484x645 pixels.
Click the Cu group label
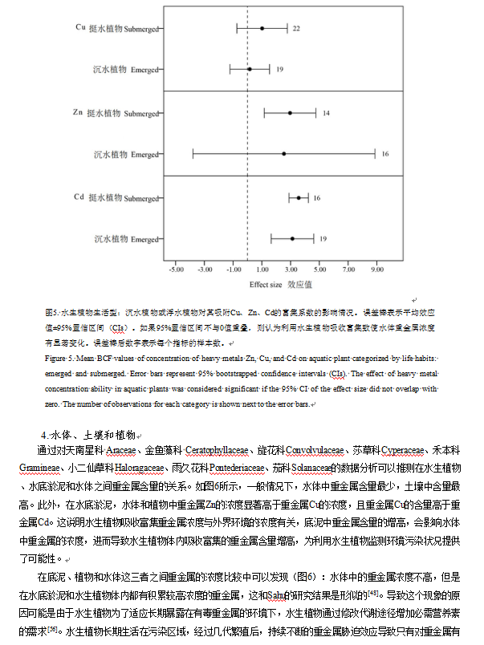tap(80, 26)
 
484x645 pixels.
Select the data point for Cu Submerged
tap(262, 28)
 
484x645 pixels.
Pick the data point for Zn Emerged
tap(283, 153)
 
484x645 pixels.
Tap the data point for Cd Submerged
tap(299, 197)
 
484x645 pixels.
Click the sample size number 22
tap(296, 28)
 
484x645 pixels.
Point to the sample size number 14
tap(326, 113)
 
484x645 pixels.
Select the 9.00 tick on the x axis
tap(376, 270)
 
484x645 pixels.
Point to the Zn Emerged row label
tap(125, 154)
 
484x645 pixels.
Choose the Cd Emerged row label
tap(125, 239)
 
